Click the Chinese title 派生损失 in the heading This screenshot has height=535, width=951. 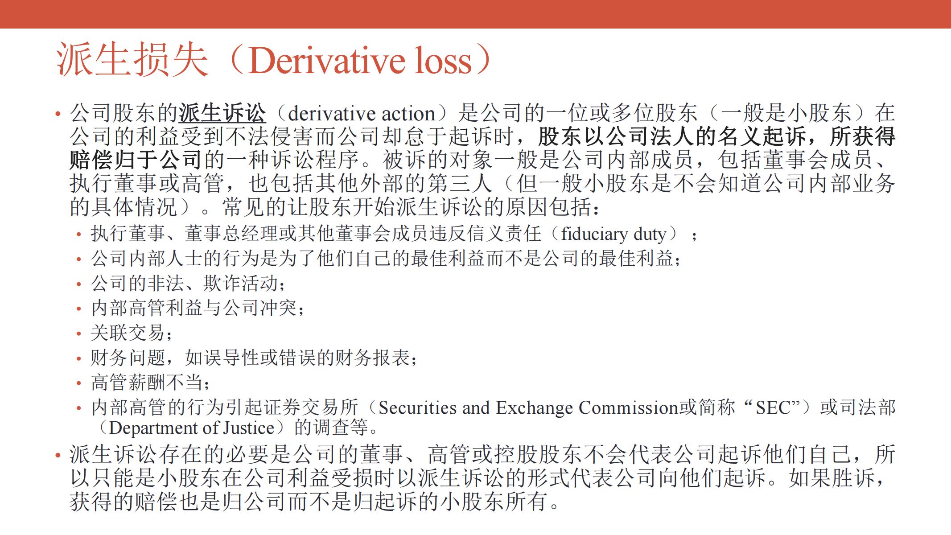(x=132, y=60)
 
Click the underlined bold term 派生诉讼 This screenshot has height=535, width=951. (x=222, y=113)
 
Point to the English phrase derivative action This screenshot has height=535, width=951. (x=362, y=114)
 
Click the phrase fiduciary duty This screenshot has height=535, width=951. (x=613, y=234)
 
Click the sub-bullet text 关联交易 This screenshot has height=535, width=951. (x=128, y=333)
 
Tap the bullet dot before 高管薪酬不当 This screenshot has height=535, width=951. (x=79, y=383)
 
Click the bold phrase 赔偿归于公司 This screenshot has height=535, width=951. (x=136, y=160)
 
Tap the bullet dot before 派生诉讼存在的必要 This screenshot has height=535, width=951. (x=58, y=455)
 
